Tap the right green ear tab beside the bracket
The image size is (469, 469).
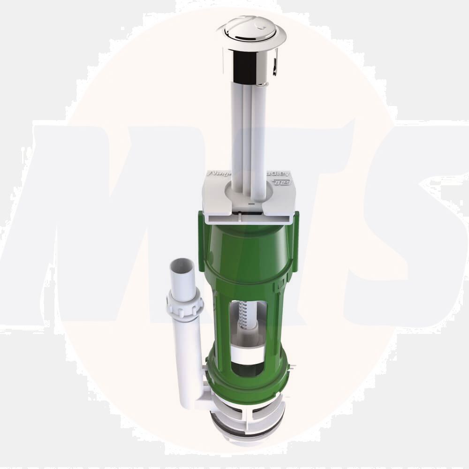coord(295,239)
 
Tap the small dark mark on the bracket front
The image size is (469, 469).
coord(251,204)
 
